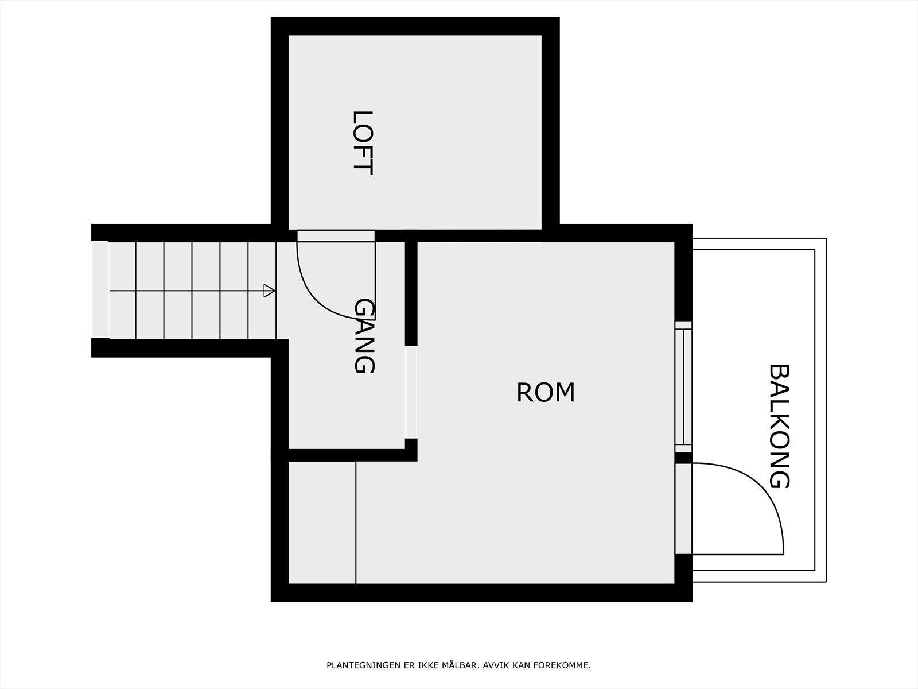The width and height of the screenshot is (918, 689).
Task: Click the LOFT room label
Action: point(363,143)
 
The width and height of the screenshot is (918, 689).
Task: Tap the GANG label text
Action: point(364,336)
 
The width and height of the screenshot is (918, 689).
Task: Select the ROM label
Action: point(546,393)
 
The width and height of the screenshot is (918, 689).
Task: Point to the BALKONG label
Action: point(779,426)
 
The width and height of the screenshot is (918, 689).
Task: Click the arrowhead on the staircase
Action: point(269,291)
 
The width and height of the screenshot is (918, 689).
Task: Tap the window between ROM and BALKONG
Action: point(683,383)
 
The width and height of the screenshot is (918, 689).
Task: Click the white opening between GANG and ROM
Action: point(411,392)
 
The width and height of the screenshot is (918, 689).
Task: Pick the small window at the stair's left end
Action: point(100,289)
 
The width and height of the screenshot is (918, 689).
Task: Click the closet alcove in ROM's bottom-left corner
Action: point(321,522)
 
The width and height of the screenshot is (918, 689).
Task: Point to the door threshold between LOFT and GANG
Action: point(336,235)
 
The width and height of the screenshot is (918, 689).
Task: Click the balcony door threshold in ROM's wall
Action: point(683,509)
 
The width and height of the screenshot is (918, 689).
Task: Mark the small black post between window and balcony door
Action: point(683,458)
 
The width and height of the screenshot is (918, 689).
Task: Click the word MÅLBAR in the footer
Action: point(460,666)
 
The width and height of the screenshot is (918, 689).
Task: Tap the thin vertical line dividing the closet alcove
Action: point(356,522)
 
